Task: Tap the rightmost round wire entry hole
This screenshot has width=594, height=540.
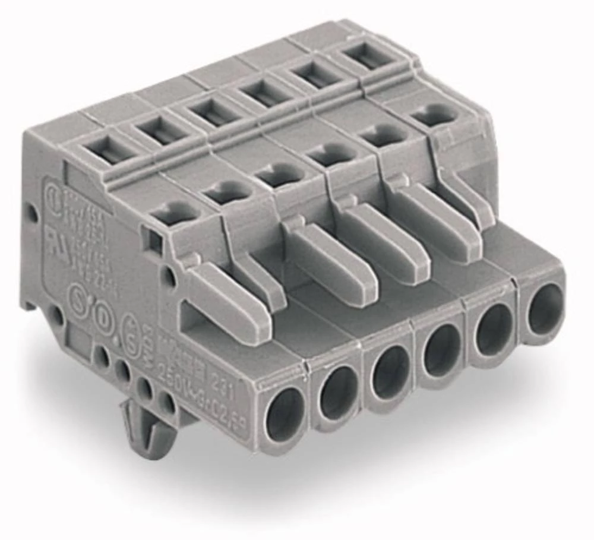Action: pyautogui.click(x=545, y=308)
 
